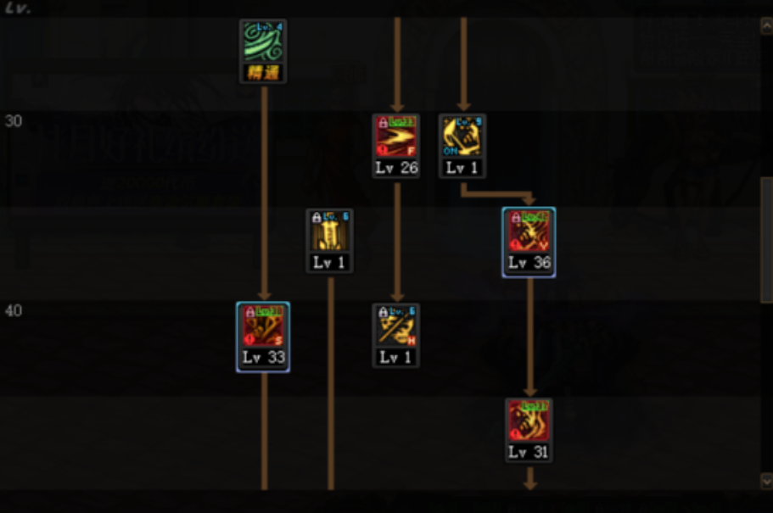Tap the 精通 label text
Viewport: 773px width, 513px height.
pyautogui.click(x=263, y=73)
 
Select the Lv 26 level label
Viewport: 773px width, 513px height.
pyautogui.click(x=396, y=168)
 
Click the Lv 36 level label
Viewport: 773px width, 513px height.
pyautogui.click(x=529, y=263)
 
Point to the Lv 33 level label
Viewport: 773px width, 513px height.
pyautogui.click(x=263, y=357)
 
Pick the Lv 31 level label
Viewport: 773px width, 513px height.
pyautogui.click(x=529, y=452)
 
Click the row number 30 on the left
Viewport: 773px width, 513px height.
pyautogui.click(x=14, y=121)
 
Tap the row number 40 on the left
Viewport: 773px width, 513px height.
pyautogui.click(x=14, y=311)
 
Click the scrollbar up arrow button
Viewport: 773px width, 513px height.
pyautogui.click(x=766, y=26)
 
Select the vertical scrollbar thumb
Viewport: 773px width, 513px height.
pyautogui.click(x=766, y=239)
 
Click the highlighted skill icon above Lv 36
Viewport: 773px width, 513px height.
pyautogui.click(x=529, y=231)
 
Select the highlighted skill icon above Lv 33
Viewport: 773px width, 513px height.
pyautogui.click(x=263, y=326)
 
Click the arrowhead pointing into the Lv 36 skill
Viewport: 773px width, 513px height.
pyautogui.click(x=529, y=200)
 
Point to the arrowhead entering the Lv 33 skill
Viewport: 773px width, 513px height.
pyautogui.click(x=264, y=295)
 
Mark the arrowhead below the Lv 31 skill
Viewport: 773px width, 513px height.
pyautogui.click(x=529, y=485)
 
